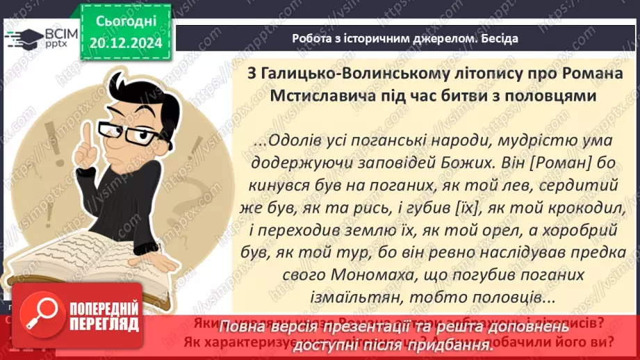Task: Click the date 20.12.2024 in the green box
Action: point(126,42)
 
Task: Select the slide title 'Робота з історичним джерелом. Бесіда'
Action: point(405,38)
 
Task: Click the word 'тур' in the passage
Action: point(375,252)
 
